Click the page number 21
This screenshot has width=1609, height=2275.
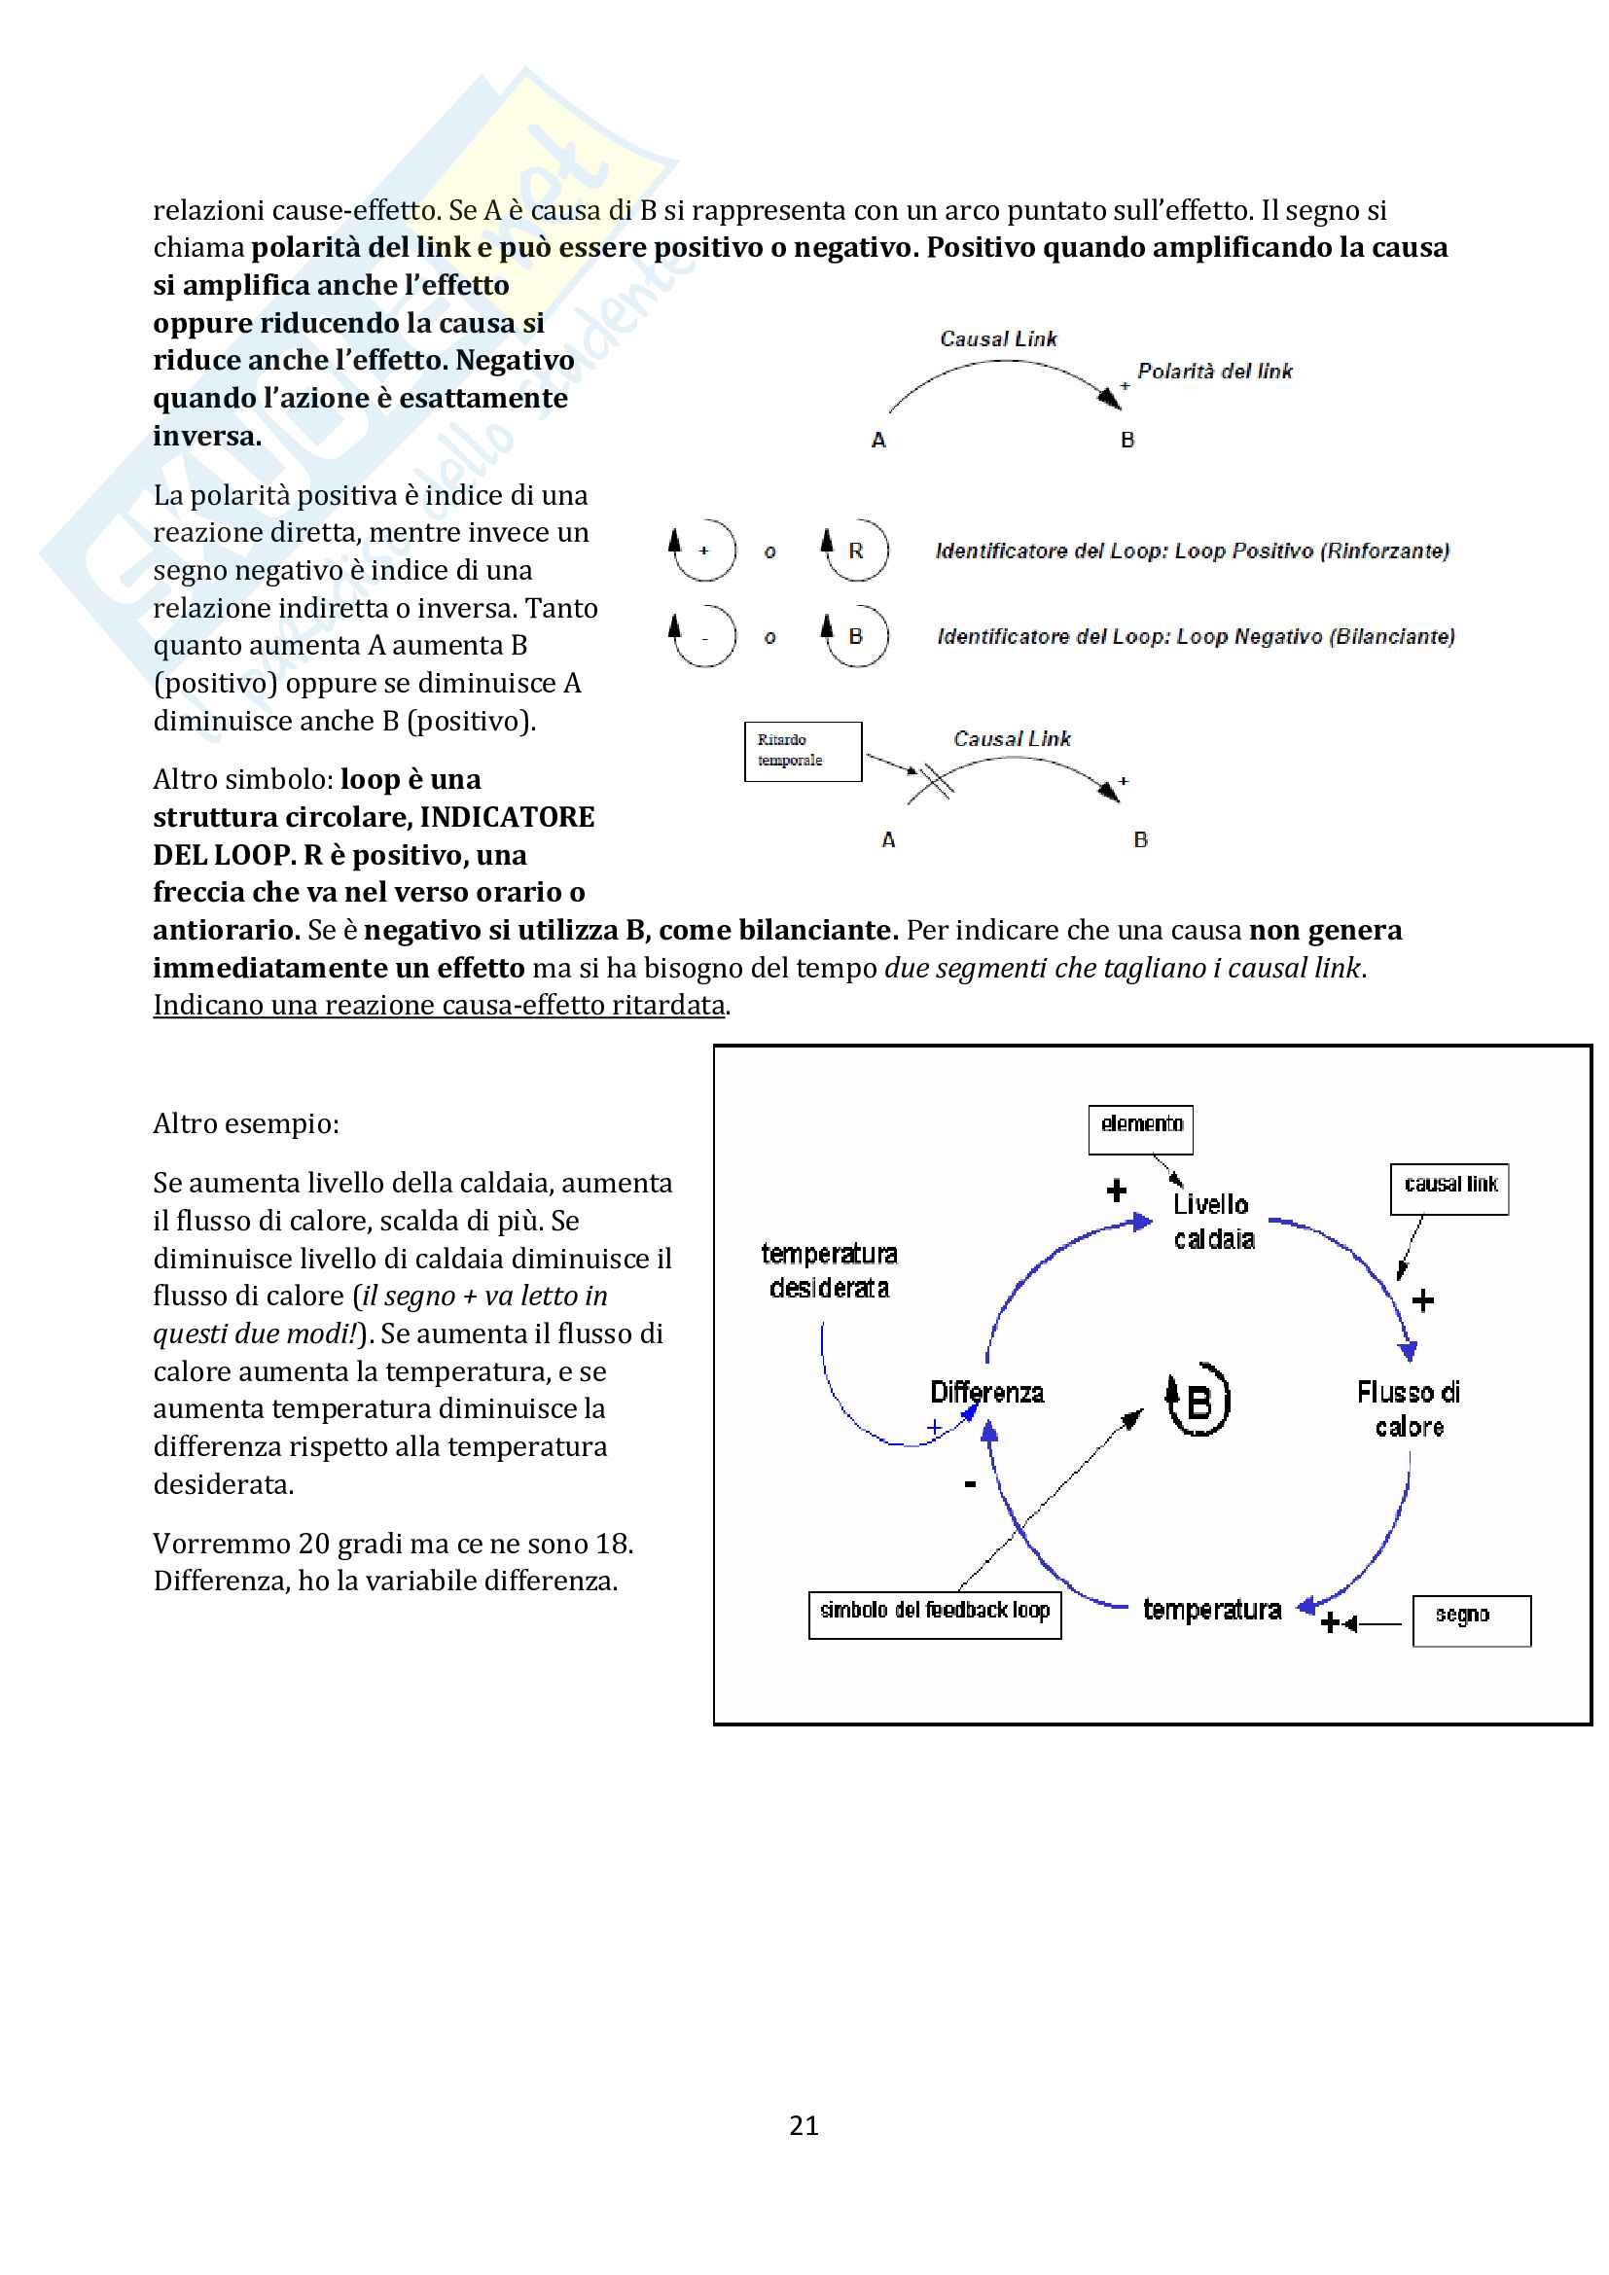(804, 2124)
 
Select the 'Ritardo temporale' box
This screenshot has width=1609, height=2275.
(803, 751)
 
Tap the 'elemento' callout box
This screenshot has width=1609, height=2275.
(1140, 1128)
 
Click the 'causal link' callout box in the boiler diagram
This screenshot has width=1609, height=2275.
(1449, 1188)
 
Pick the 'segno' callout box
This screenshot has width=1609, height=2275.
(1471, 1620)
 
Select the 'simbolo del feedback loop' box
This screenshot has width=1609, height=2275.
(934, 1615)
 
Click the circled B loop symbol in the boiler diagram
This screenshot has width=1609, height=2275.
(1198, 1400)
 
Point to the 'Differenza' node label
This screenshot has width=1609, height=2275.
(986, 1392)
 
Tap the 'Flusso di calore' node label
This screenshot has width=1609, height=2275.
(1408, 1409)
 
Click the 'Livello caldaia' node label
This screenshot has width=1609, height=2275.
(1213, 1221)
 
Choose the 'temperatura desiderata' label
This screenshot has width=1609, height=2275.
(829, 1270)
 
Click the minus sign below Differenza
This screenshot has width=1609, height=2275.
(970, 1483)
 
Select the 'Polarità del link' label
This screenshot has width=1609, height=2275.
(1215, 372)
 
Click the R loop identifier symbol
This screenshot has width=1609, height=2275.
(855, 550)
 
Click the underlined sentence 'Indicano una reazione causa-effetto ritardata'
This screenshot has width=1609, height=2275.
(439, 1005)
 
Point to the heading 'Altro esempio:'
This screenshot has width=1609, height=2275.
(246, 1123)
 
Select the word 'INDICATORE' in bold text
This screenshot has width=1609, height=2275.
(507, 816)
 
